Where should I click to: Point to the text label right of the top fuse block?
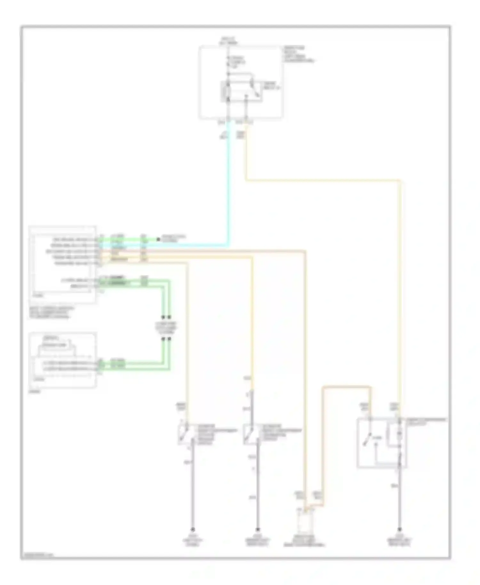[x=298, y=54]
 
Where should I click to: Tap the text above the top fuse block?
[x=228, y=40]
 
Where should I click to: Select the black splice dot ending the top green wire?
[x=158, y=239]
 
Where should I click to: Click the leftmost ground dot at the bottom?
[x=193, y=530]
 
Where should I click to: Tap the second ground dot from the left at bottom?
[x=258, y=530]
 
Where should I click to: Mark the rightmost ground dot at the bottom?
[x=399, y=530]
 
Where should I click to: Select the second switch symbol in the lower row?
[x=249, y=434]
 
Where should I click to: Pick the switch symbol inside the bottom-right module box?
[x=368, y=439]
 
